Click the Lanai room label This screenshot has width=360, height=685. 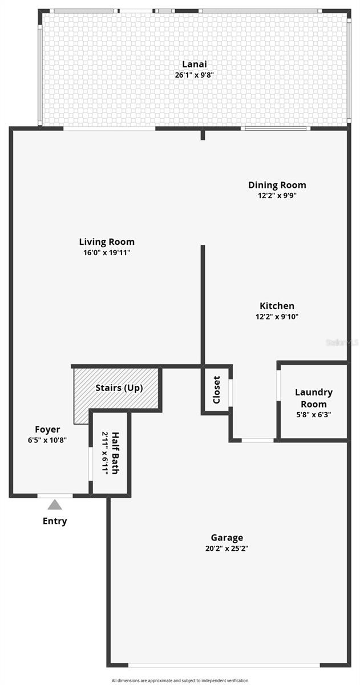(194, 64)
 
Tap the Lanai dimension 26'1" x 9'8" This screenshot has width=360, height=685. (194, 75)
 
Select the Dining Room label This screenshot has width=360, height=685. (277, 185)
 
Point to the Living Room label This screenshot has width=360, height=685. (107, 242)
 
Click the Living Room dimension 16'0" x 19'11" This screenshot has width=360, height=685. (107, 253)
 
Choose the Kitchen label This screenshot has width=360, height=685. (277, 306)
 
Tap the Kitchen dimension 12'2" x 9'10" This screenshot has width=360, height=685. (277, 317)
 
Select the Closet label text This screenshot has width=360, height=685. (217, 390)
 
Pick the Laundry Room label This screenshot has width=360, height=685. (313, 398)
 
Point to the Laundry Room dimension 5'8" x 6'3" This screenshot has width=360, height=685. (313, 415)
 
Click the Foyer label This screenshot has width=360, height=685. (47, 429)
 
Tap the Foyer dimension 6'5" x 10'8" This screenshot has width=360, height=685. (47, 440)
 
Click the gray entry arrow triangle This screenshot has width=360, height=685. (55, 505)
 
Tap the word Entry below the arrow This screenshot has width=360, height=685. (55, 521)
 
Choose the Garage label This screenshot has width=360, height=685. (226, 537)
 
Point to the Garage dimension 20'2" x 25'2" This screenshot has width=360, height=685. (226, 549)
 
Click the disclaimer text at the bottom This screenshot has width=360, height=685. (180, 680)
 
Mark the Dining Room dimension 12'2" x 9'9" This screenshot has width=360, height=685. (277, 196)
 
